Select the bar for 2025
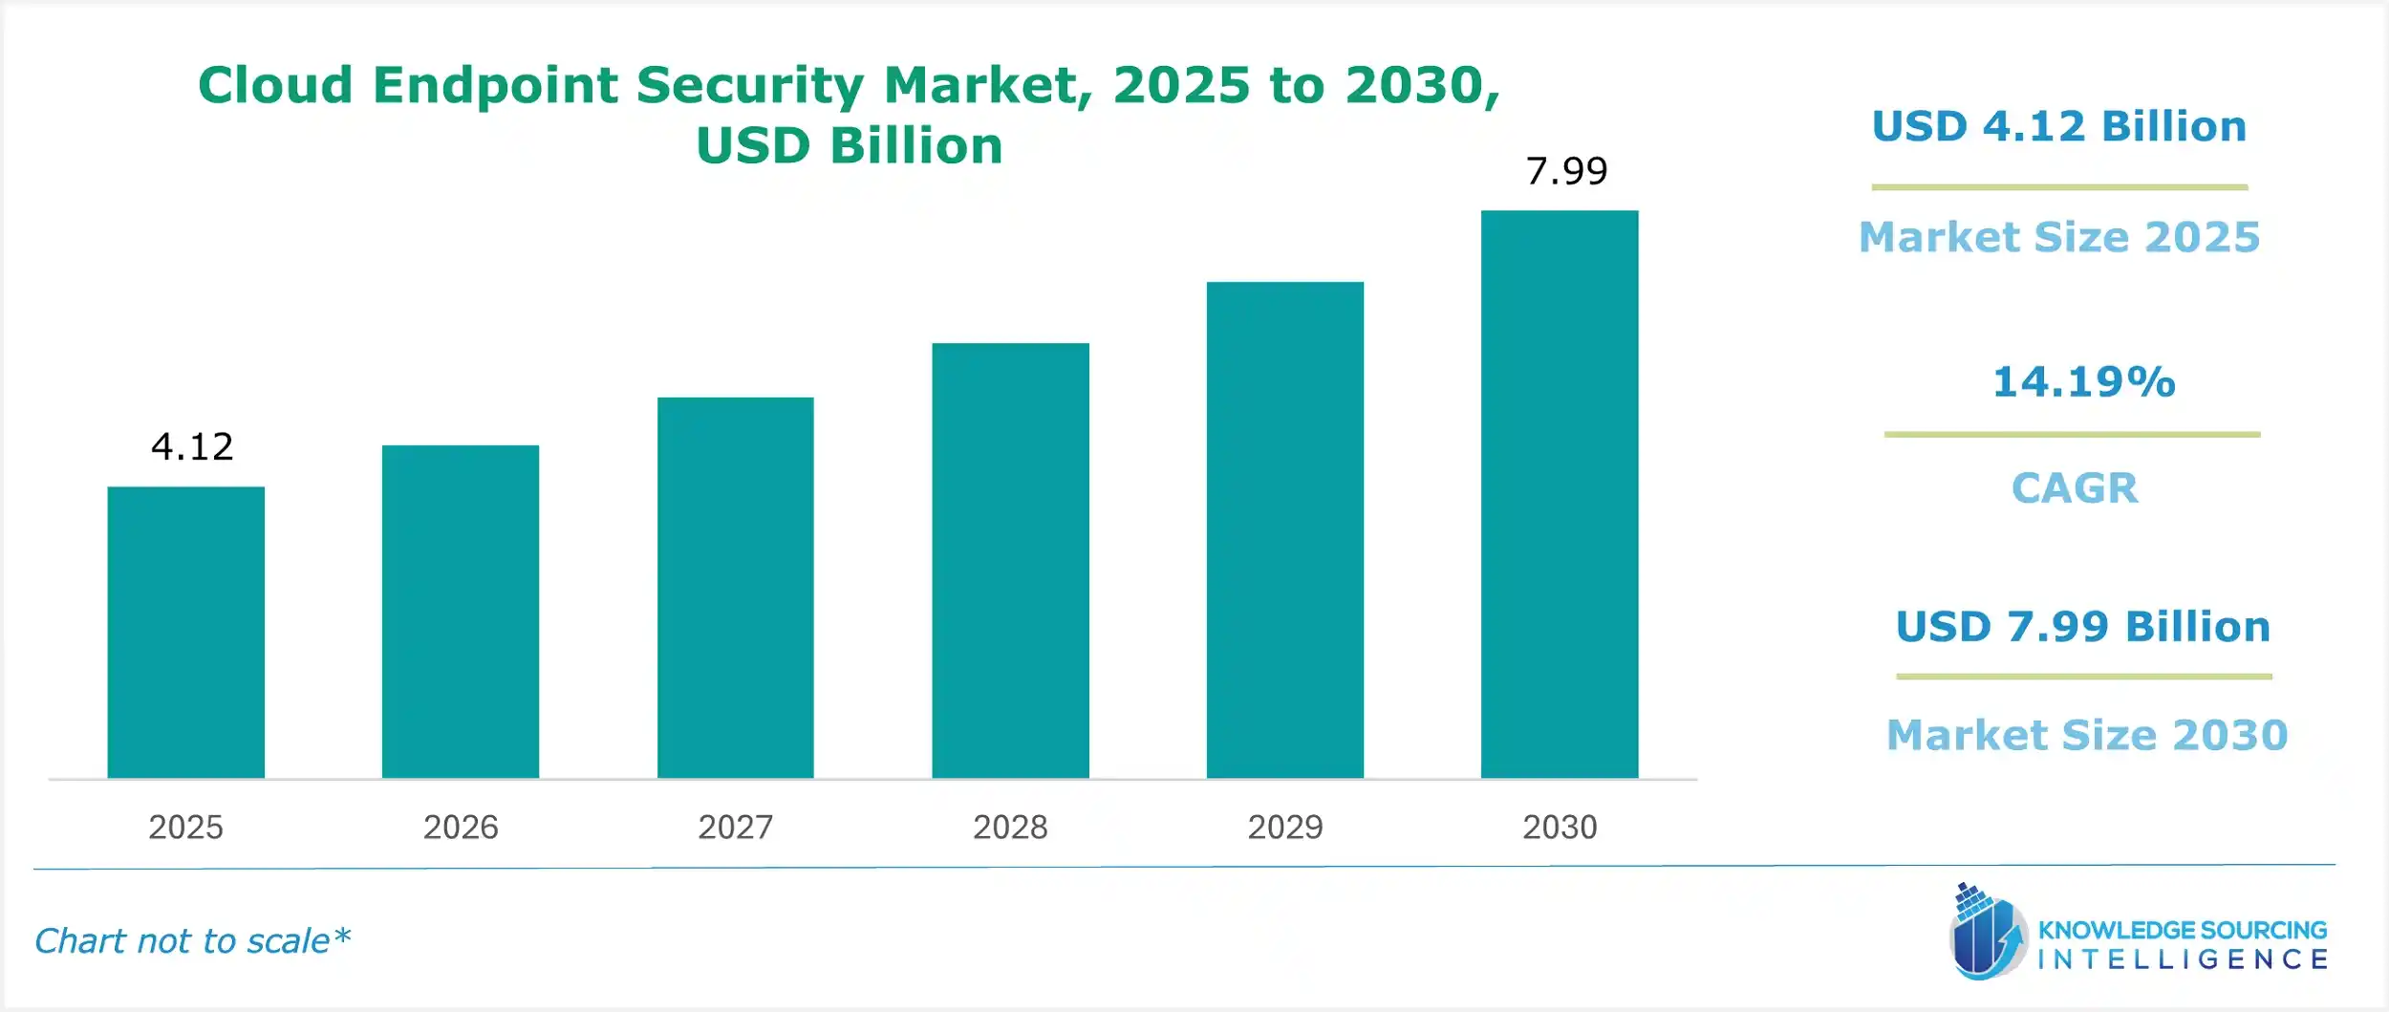(185, 632)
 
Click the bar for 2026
(460, 612)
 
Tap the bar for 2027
(735, 588)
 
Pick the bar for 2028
(1010, 560)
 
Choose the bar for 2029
(1284, 529)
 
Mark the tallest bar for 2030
(1559, 494)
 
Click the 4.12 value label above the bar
(192, 447)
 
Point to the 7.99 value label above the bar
(1566, 172)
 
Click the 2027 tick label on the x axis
(735, 827)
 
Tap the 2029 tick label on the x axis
(1284, 827)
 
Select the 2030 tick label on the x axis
(1559, 827)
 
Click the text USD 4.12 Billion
(2058, 127)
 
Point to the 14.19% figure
(2083, 382)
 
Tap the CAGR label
(2074, 488)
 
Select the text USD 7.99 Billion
(2082, 627)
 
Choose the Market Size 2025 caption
(2058, 237)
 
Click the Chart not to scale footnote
(192, 941)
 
